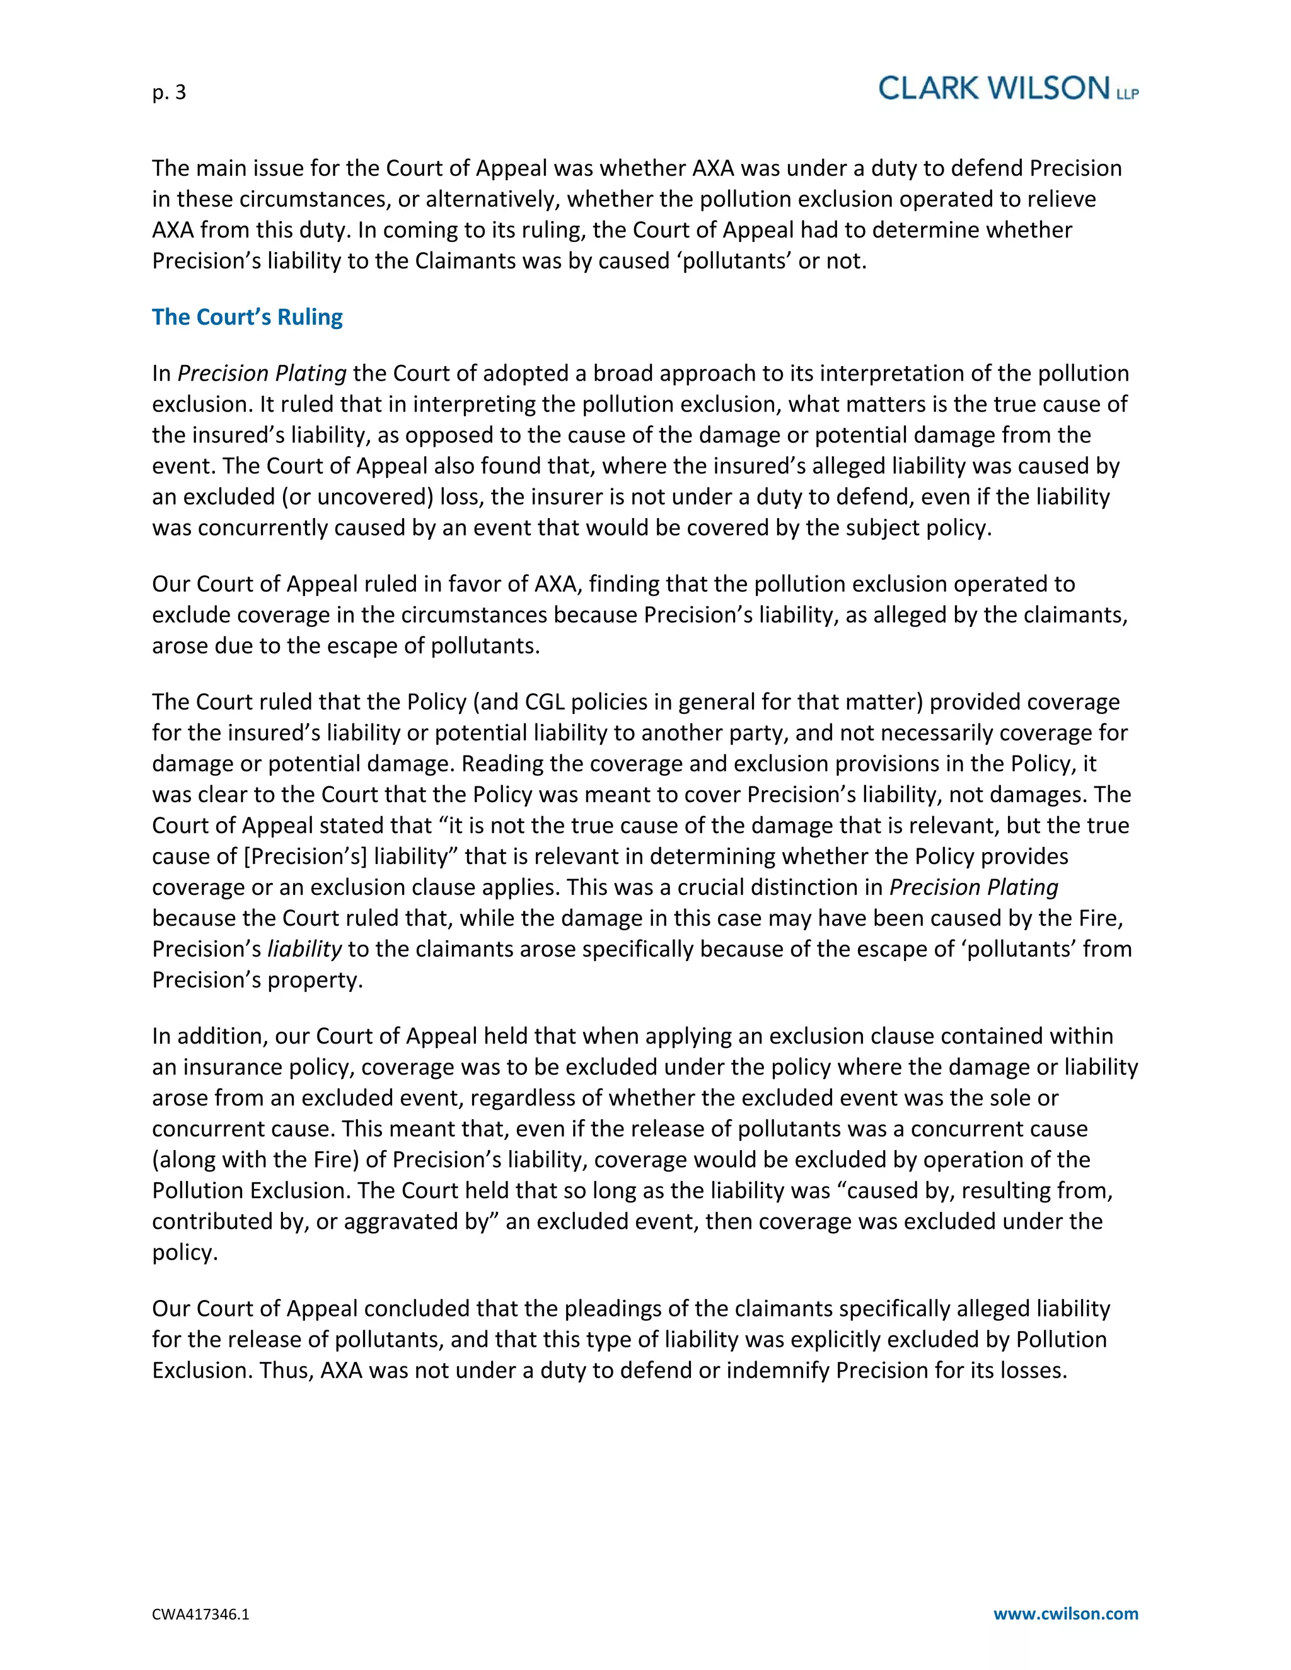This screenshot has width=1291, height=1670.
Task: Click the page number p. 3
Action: pos(169,93)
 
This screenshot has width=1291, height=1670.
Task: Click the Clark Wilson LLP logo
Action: pos(1008,89)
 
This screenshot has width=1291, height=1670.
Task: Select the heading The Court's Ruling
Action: pos(247,318)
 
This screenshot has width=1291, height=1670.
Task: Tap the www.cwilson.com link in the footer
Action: pos(1065,1614)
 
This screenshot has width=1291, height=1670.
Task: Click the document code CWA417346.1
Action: pos(200,1615)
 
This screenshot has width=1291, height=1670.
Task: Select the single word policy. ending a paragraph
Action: pos(185,1253)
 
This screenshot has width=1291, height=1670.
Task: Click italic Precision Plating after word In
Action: pos(262,373)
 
